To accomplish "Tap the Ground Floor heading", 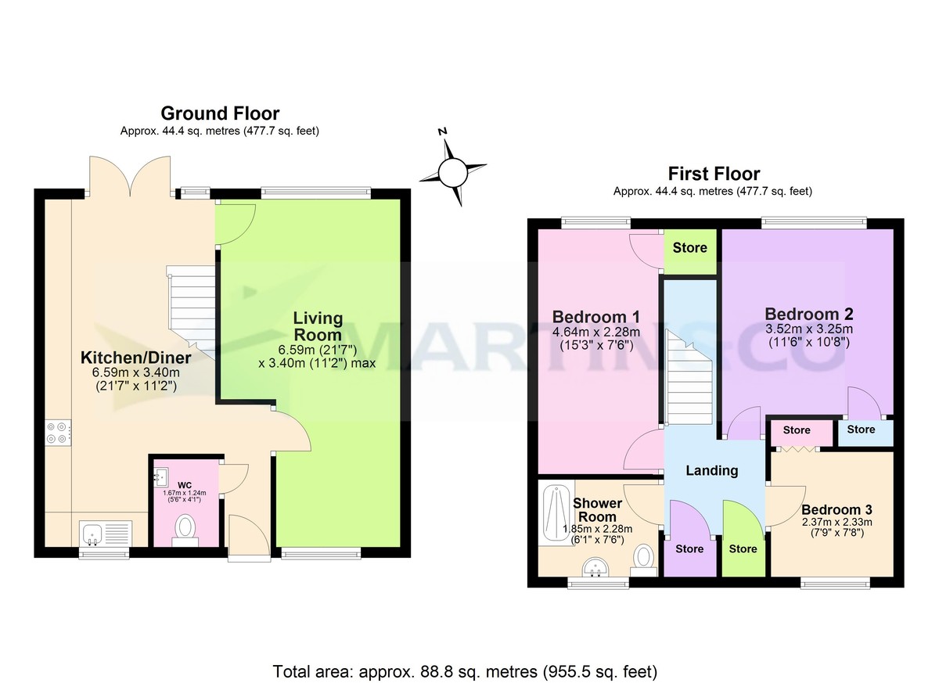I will pos(220,113).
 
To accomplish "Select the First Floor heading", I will pos(713,173).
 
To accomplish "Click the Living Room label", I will pos(318,325).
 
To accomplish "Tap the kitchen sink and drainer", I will pos(106,534).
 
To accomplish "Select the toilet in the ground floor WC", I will pos(186,528).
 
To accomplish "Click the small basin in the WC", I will pos(162,475).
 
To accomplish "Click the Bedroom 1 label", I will pos(596,317).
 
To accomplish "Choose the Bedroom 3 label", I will pos(836,507).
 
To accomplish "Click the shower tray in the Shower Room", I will pos(557,516).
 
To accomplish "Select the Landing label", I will pos(711,470).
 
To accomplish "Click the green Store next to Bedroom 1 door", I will pos(689,249).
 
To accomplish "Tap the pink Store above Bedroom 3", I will pos(797,430).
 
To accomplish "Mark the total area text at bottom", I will pos(465,671).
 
